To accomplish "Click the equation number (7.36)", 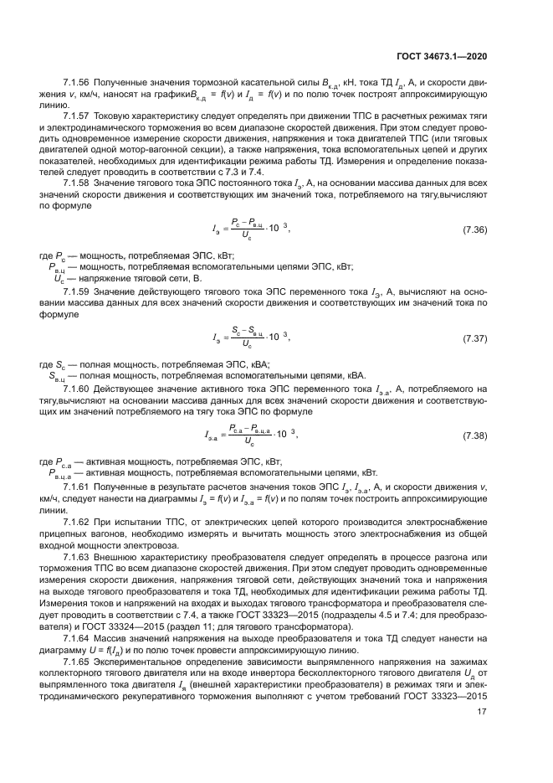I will pyautogui.click(x=475, y=229).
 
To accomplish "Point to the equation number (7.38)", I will pyautogui.click(x=475, y=435).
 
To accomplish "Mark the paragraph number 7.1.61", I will pyautogui.click(x=78, y=487).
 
